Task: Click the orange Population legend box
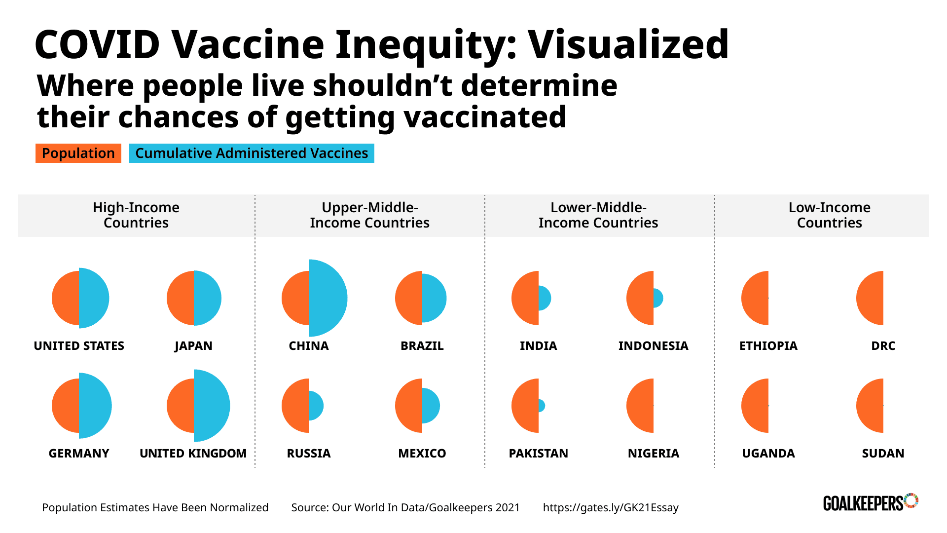pyautogui.click(x=78, y=153)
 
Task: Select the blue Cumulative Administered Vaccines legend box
pyautogui.click(x=252, y=153)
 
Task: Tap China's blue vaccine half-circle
pyautogui.click(x=327, y=298)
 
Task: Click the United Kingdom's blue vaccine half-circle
pyautogui.click(x=211, y=406)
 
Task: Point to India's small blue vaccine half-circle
pyautogui.click(x=544, y=298)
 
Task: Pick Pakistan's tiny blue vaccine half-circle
pyautogui.click(x=542, y=406)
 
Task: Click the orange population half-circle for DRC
pyautogui.click(x=871, y=298)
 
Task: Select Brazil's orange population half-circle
pyautogui.click(x=409, y=298)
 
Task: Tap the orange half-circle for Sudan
pyautogui.click(x=871, y=406)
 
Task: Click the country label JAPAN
pyautogui.click(x=193, y=346)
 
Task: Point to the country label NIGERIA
pyautogui.click(x=653, y=454)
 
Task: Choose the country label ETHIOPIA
pyautogui.click(x=768, y=346)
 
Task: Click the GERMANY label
pyautogui.click(x=79, y=454)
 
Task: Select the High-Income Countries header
pyautogui.click(x=136, y=215)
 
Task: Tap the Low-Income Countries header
pyautogui.click(x=829, y=215)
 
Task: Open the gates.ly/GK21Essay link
pyautogui.click(x=611, y=508)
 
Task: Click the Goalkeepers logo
pyautogui.click(x=870, y=502)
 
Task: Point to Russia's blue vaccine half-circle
pyautogui.click(x=316, y=406)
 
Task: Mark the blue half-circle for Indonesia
pyautogui.click(x=658, y=298)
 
